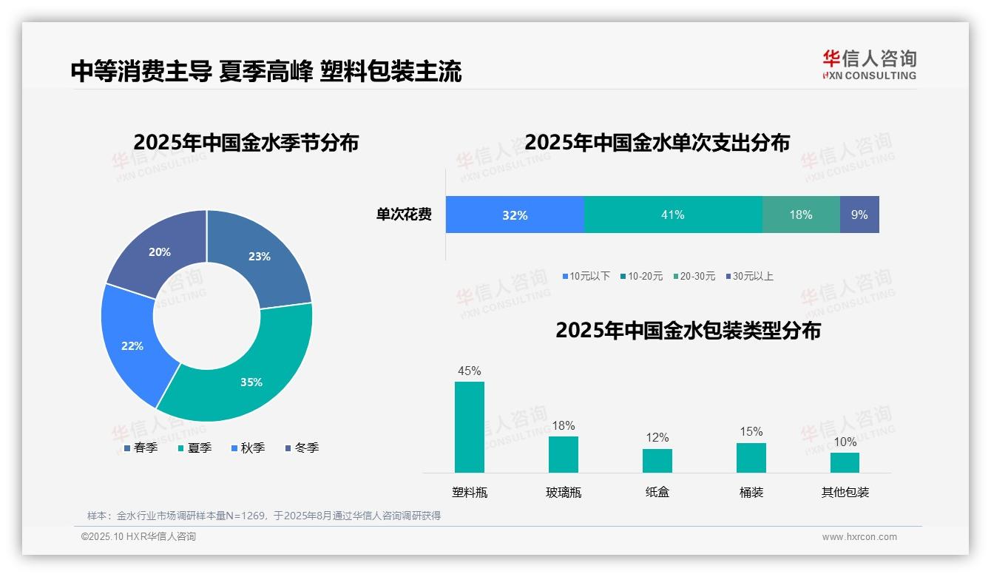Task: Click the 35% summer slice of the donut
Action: click(244, 377)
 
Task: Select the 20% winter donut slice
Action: click(155, 248)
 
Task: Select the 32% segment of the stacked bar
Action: click(515, 215)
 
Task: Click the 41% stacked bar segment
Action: click(673, 215)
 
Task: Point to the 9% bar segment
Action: click(859, 215)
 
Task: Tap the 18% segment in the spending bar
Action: click(801, 215)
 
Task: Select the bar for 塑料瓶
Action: click(470, 427)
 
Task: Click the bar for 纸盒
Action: click(657, 460)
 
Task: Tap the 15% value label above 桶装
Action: click(751, 431)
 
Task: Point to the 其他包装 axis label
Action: click(845, 492)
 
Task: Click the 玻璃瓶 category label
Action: click(564, 492)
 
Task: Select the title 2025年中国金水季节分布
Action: click(246, 142)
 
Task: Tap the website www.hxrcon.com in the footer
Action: click(859, 537)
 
